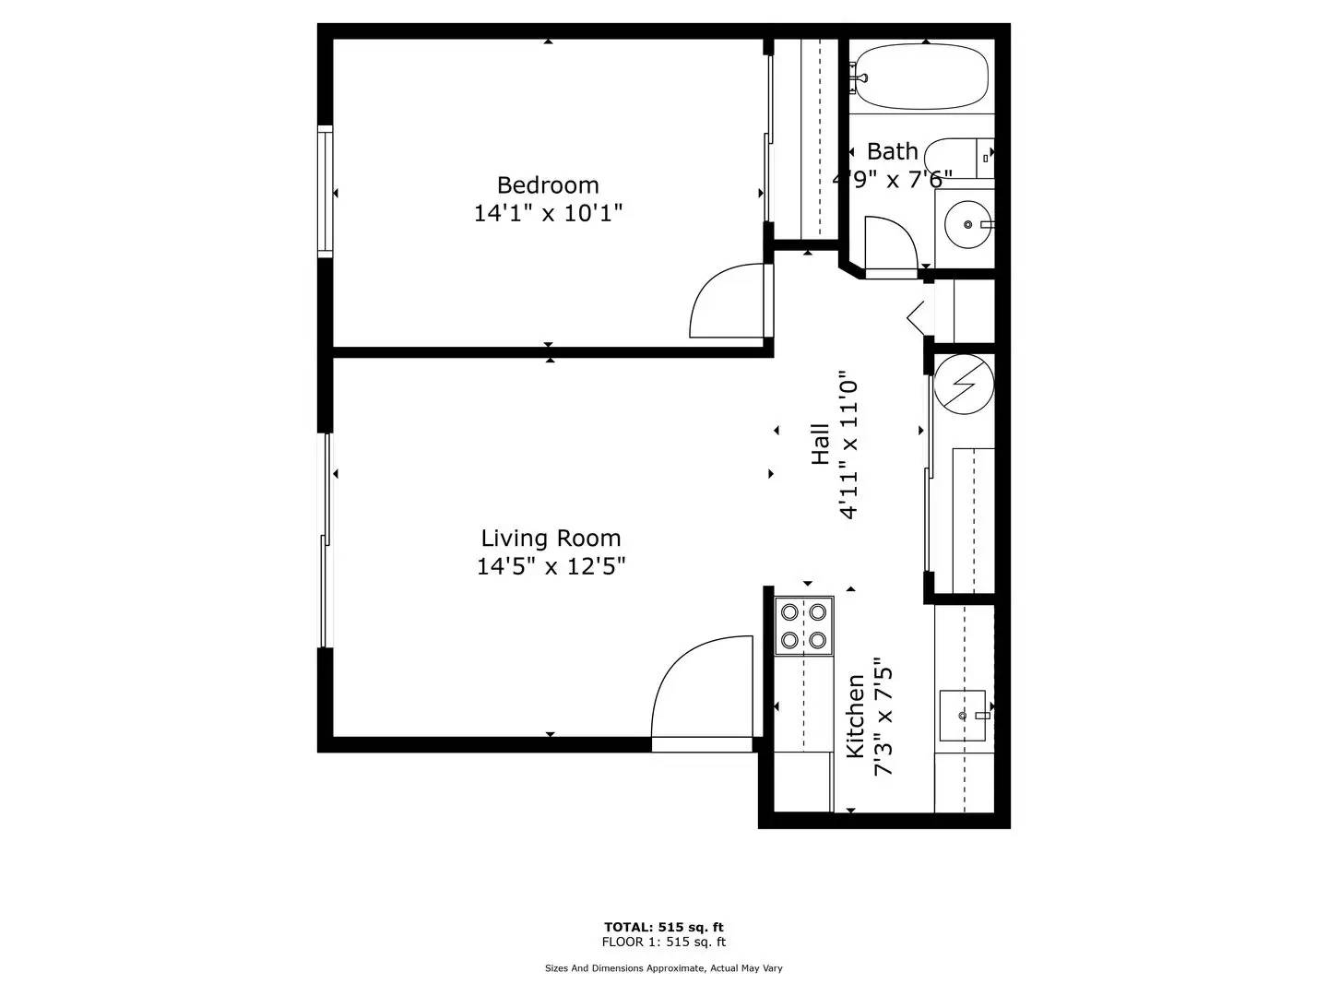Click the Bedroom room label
(548, 184)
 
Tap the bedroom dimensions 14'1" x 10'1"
(548, 213)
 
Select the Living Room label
(551, 538)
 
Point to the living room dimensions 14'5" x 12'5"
(551, 566)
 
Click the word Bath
(892, 151)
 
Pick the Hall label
(820, 444)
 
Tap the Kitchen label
(855, 716)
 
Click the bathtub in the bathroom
(921, 77)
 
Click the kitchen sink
(963, 716)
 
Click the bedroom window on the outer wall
(325, 191)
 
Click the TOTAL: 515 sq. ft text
(664, 927)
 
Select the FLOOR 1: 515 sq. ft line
(664, 942)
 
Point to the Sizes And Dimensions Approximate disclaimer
(664, 968)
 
